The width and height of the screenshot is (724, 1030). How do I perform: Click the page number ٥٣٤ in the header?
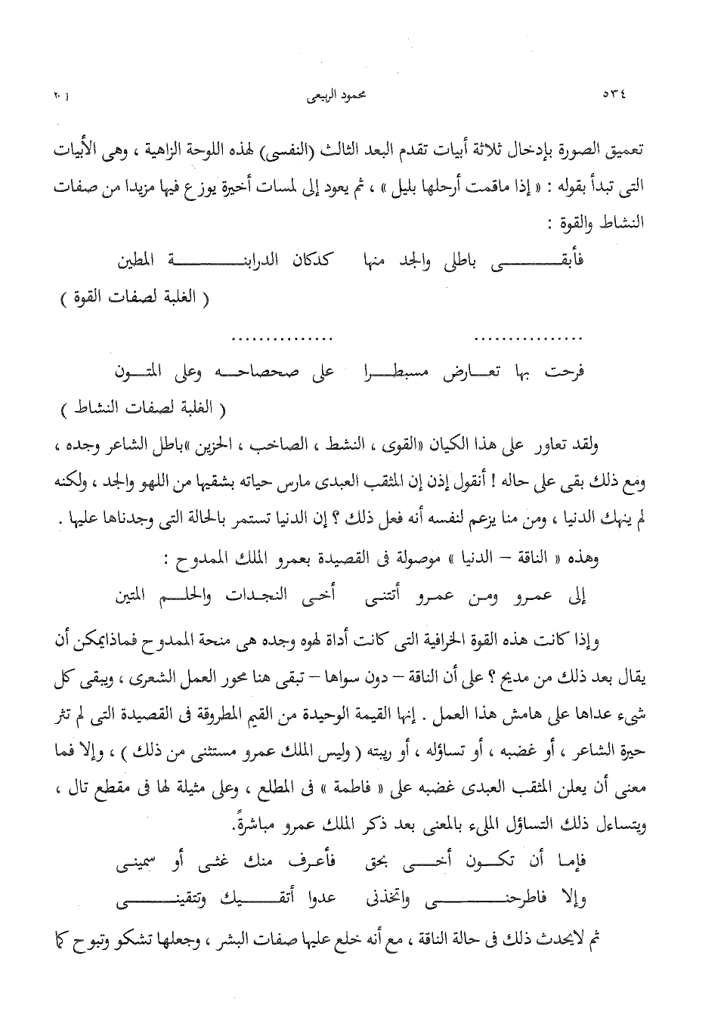point(615,96)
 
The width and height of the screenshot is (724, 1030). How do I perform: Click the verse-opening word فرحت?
point(568,372)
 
